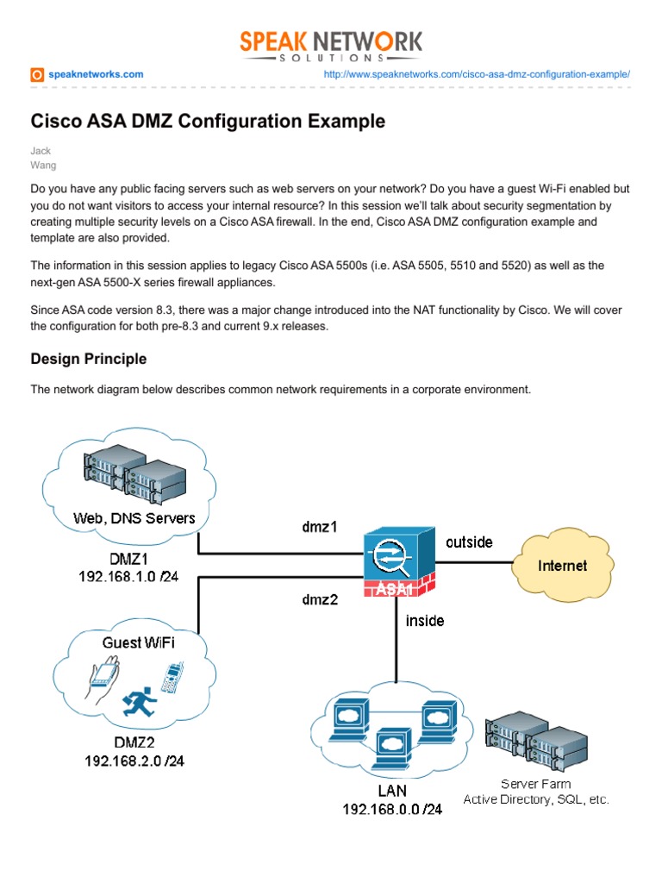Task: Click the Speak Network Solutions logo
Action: [331, 45]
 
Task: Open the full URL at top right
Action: [477, 75]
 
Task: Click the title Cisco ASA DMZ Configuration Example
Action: [208, 122]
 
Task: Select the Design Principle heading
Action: [89, 359]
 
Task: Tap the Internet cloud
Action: [562, 566]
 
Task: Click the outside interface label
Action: [469, 542]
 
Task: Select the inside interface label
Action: [425, 620]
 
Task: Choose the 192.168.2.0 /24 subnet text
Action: [134, 761]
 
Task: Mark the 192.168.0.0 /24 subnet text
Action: [392, 809]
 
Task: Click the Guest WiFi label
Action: [138, 642]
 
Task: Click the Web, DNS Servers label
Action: [134, 518]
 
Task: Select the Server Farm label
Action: [535, 784]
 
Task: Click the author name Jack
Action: [41, 151]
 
